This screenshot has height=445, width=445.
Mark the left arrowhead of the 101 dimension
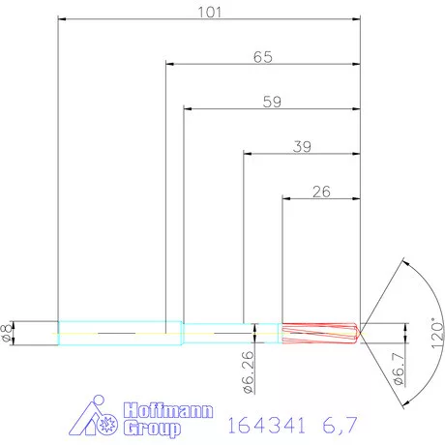coord(63,19)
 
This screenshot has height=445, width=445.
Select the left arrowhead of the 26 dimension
coord(285,198)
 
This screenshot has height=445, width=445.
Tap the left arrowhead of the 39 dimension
coord(247,153)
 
